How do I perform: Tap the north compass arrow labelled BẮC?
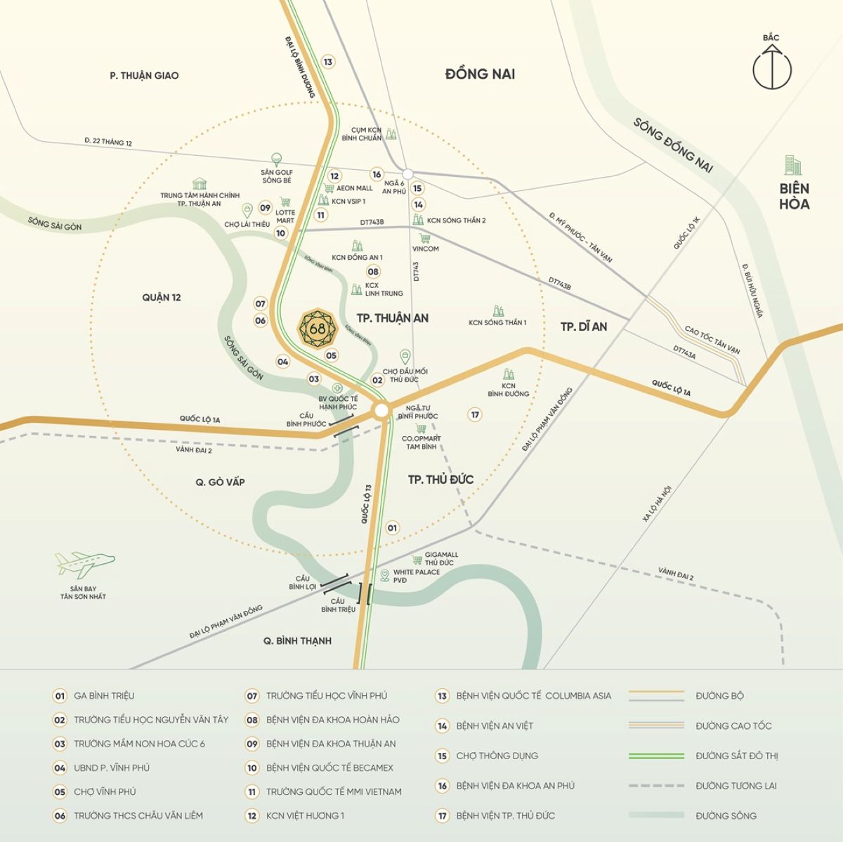pos(772,67)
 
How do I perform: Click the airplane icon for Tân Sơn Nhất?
pos(84,563)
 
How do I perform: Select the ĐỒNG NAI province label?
pos(481,74)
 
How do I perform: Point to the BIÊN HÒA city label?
pos(795,196)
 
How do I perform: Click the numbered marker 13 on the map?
pos(327,62)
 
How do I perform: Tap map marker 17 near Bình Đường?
pos(476,414)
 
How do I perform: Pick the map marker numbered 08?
pos(373,272)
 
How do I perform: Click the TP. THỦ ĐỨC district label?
pos(441,479)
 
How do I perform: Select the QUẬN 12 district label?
pos(162,298)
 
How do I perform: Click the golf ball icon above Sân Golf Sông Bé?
pos(277,159)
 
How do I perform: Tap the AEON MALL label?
pos(355,188)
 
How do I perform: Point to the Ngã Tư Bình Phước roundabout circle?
pos(381,409)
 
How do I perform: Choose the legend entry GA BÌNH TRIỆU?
pos(104,696)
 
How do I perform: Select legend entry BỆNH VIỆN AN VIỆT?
pos(495,725)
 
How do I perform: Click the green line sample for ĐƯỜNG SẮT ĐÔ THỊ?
pos(656,756)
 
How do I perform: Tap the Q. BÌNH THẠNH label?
pos(297,640)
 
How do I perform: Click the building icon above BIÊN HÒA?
pos(793,165)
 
